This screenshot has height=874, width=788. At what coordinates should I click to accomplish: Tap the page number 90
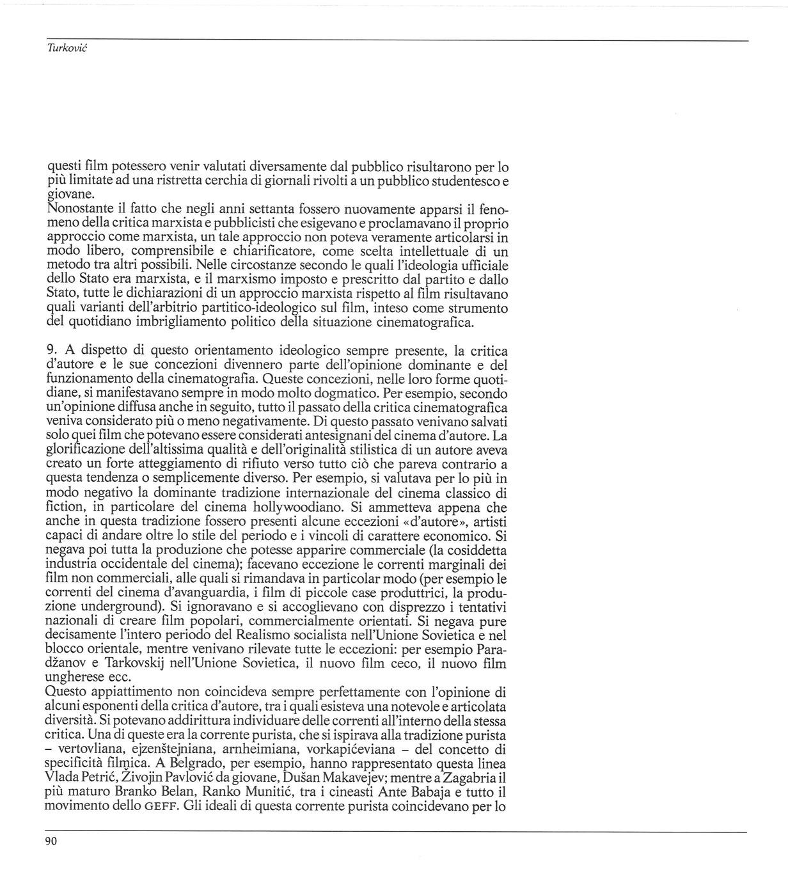(x=52, y=841)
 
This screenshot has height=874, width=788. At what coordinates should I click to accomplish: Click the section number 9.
(x=53, y=351)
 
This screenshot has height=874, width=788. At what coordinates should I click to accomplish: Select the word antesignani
(x=386, y=436)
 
